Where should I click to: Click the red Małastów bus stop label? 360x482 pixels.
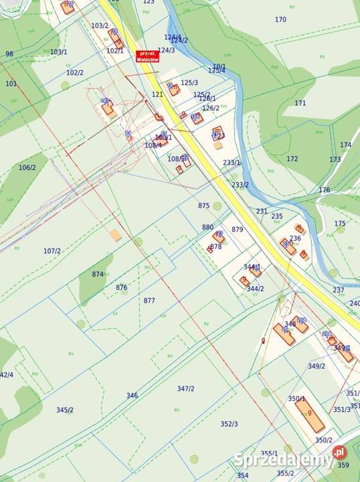point(147,56)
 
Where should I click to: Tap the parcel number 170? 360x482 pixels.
point(280,19)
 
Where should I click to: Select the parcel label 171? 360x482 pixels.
point(300,103)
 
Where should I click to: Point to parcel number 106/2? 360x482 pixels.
point(28,167)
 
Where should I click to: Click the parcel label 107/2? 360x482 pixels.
point(52,251)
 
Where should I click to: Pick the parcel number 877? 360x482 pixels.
point(149,301)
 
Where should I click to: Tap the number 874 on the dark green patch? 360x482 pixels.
point(98,274)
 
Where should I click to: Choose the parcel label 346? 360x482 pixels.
point(132,396)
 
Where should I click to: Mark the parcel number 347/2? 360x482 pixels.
point(186,389)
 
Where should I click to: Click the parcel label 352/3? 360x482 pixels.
point(229,424)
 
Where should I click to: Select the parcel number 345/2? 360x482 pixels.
point(65,410)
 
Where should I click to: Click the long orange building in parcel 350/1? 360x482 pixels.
point(310,415)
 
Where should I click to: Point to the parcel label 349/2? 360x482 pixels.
point(317,366)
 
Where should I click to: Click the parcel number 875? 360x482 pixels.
point(204,206)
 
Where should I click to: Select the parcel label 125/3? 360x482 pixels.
point(189,82)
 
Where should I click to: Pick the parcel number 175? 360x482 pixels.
point(340,224)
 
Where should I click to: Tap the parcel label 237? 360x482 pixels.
point(339,290)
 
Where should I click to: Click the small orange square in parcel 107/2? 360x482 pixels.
point(116,235)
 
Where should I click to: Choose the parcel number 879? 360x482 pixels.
point(237,230)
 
